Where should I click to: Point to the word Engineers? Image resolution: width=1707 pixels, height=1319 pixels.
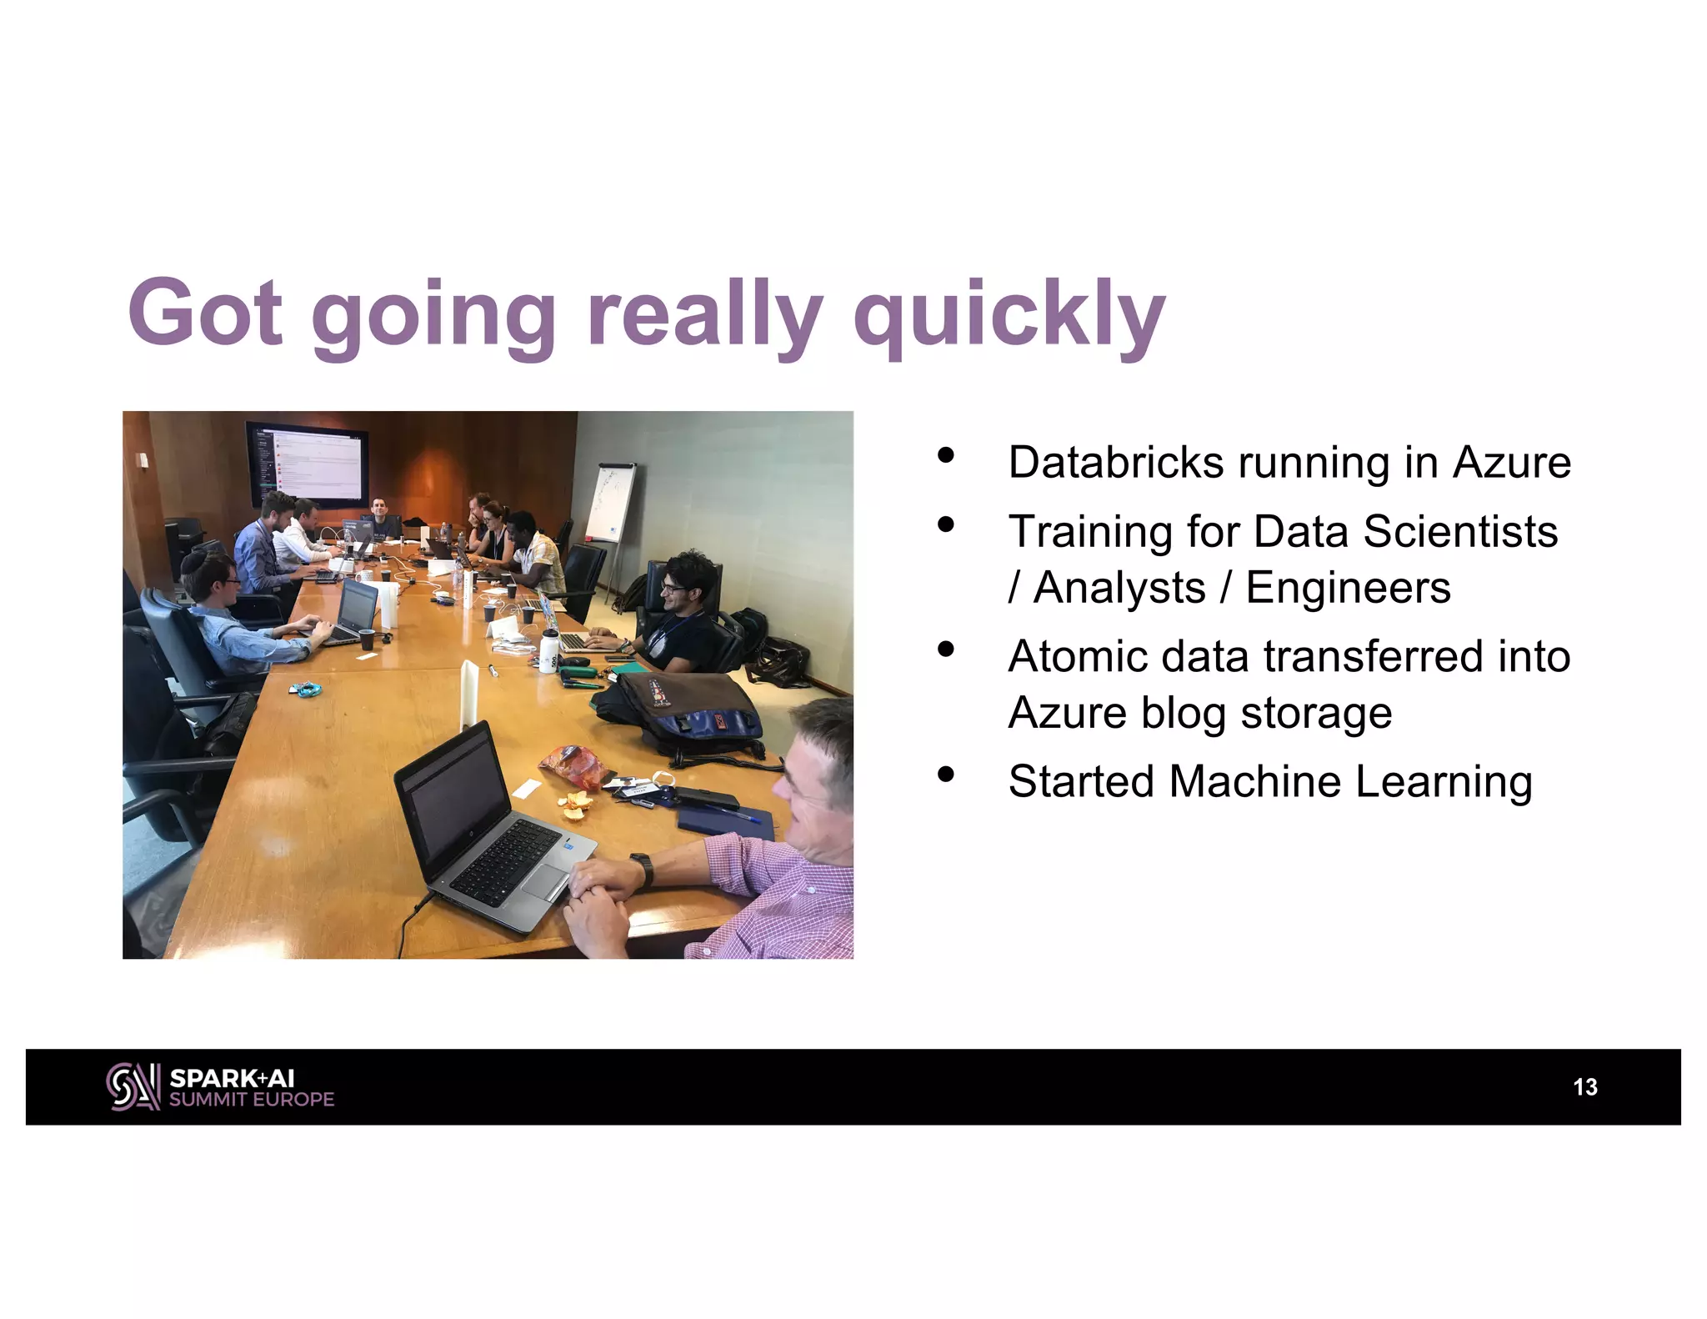point(1348,588)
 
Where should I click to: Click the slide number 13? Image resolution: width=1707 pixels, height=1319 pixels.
point(1584,1086)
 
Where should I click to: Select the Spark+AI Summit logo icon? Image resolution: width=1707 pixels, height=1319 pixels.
point(133,1086)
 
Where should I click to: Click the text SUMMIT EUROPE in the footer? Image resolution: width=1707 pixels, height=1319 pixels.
point(251,1099)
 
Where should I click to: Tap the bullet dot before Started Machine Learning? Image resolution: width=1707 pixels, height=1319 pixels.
point(945,775)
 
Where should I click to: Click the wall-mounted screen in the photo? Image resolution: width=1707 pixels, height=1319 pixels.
point(307,464)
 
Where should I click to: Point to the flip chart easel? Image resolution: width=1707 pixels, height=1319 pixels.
point(609,504)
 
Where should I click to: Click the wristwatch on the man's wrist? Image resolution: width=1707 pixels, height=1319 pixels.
point(641,867)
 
